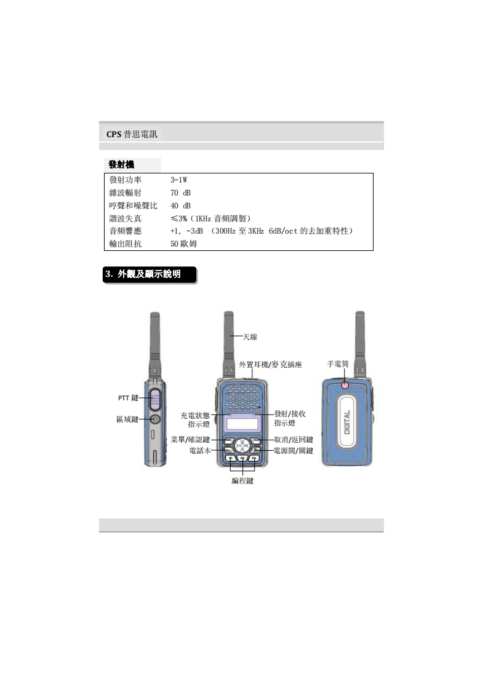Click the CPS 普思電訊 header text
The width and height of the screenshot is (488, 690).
tap(132, 134)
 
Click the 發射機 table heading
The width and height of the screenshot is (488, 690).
tap(122, 165)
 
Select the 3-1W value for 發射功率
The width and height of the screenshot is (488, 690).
tap(179, 180)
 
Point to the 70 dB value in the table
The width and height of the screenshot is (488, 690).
tap(180, 192)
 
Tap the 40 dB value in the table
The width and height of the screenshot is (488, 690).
tap(180, 205)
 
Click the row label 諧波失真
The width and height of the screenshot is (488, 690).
tap(126, 218)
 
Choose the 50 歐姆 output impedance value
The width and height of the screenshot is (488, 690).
tap(183, 244)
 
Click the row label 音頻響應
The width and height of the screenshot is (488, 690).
tap(126, 231)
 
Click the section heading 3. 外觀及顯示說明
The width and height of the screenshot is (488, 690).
tap(143, 274)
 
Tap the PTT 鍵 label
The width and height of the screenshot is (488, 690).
tap(128, 398)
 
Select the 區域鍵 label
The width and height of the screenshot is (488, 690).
tap(127, 419)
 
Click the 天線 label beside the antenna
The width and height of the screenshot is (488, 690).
tap(250, 336)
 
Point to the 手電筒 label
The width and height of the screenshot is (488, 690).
tap(338, 364)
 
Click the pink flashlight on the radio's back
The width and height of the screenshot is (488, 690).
tap(345, 386)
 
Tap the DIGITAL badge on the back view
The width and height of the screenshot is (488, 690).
tap(347, 422)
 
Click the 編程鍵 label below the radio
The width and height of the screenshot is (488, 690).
tap(242, 481)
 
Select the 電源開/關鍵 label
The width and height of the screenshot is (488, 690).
tap(294, 451)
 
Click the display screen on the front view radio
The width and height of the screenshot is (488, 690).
tap(242, 424)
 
